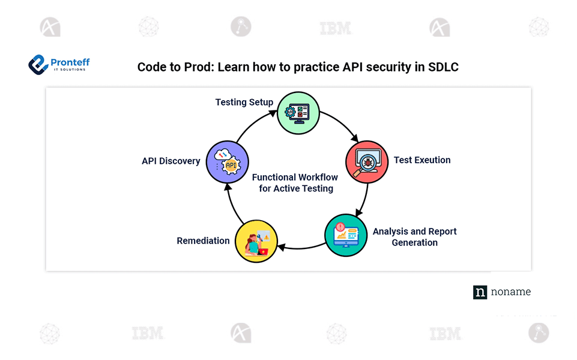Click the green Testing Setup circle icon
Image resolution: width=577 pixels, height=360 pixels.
298,113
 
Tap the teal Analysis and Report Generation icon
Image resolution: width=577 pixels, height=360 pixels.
346,236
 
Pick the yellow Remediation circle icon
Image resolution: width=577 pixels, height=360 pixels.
256,241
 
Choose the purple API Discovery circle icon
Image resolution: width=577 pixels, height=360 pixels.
228,161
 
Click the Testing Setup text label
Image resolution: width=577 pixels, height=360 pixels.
244,102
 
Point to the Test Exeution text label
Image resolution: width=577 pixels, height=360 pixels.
422,160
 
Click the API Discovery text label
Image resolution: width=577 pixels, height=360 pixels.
171,161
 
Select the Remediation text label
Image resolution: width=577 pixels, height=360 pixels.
203,241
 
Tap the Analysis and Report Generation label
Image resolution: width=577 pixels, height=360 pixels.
414,237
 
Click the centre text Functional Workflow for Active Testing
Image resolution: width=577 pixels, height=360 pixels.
295,182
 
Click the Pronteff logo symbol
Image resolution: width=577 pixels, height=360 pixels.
38,64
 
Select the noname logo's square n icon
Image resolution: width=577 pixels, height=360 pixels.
480,292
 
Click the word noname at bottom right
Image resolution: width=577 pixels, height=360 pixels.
511,292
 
